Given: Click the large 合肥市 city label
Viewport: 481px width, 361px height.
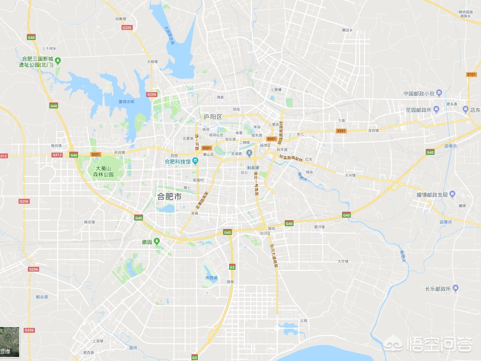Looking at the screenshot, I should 169,197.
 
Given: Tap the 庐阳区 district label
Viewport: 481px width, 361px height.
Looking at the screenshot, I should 213,117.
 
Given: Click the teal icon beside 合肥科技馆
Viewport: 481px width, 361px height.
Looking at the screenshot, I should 195,161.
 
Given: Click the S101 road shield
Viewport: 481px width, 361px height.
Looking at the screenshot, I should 471,74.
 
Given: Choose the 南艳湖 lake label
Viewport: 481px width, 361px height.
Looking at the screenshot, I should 211,277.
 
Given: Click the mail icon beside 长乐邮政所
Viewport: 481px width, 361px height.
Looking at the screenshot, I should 456,289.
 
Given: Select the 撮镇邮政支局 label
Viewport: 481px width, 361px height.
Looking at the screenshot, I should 432,195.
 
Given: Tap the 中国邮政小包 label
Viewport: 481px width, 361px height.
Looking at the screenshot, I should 419,94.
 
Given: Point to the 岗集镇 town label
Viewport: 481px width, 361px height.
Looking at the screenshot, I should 121,19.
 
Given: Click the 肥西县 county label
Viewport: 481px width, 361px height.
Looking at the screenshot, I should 89,353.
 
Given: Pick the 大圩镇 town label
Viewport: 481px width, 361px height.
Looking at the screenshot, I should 343,261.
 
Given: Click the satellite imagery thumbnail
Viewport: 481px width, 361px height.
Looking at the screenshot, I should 10,341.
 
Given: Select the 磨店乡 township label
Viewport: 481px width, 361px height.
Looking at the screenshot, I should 347,30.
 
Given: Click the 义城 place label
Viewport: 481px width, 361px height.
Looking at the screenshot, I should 303,321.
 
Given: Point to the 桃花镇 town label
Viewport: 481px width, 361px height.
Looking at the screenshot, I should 89,222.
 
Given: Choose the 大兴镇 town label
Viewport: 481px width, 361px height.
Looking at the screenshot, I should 350,175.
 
